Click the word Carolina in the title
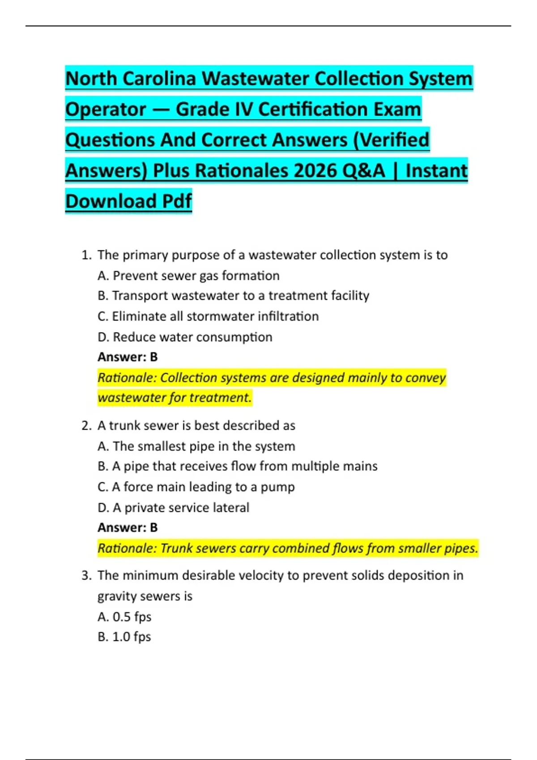point(159,79)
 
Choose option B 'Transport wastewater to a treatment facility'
point(233,296)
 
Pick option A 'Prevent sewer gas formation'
point(188,276)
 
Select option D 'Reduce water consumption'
point(185,337)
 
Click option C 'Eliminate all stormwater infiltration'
point(208,317)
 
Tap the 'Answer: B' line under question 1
point(128,357)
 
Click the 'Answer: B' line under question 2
point(128,528)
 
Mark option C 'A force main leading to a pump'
point(196,487)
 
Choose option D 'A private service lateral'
point(173,508)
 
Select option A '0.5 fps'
point(124,617)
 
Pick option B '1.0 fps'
point(124,637)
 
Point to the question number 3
point(86,575)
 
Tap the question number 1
point(86,255)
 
